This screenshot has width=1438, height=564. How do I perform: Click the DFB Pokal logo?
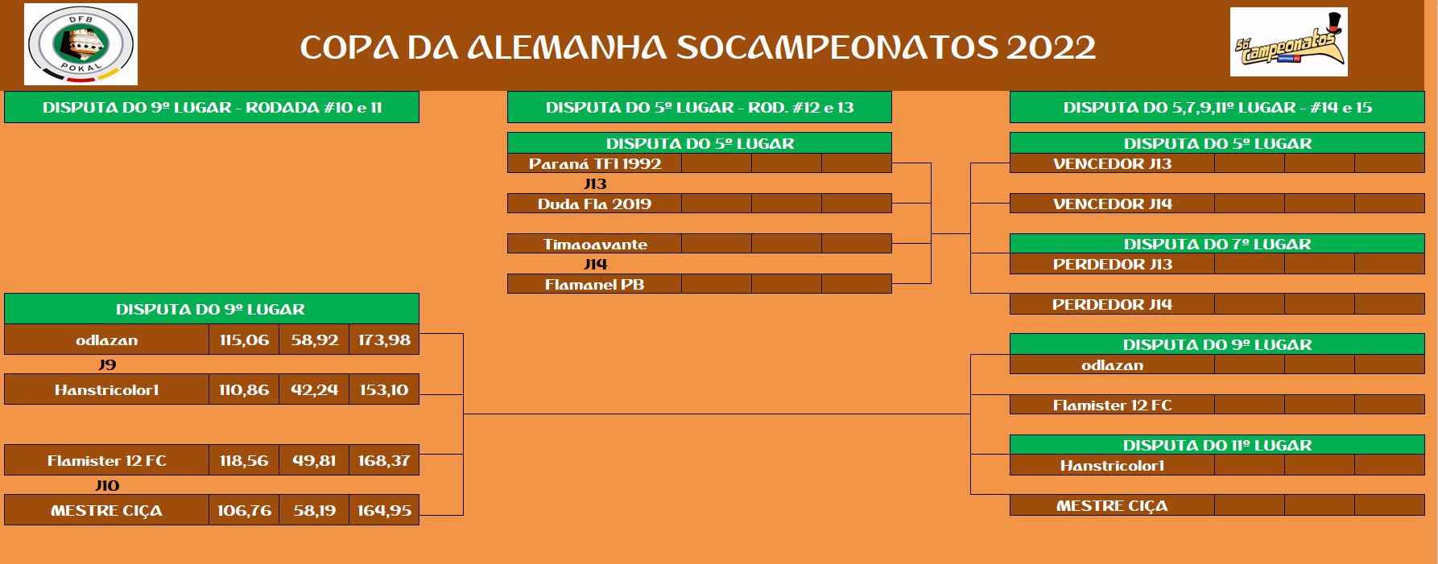[81, 44]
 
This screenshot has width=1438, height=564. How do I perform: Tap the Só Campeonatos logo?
[1288, 43]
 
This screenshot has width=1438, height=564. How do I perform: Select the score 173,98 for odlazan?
[384, 340]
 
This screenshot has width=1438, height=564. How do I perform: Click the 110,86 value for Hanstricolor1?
[244, 389]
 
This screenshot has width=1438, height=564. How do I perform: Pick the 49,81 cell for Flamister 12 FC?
[314, 460]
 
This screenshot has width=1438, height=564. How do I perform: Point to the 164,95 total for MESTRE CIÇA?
[384, 510]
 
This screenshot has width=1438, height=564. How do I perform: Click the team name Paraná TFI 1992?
[595, 163]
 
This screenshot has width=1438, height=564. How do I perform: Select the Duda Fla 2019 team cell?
[595, 204]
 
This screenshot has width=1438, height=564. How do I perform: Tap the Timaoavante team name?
[595, 244]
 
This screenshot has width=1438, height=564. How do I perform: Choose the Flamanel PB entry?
[595, 284]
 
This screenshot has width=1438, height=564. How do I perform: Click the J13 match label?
[595, 183]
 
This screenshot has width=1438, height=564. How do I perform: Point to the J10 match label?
[107, 485]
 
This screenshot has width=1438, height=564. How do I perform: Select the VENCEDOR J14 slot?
[1112, 204]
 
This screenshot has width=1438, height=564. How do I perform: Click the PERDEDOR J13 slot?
[1112, 264]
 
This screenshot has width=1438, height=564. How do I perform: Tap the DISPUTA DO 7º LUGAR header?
[1217, 244]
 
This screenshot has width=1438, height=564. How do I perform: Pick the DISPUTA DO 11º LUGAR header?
[1217, 445]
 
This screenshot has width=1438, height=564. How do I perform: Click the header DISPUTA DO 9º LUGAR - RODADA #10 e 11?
[212, 107]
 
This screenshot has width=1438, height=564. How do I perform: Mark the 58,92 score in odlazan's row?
[314, 340]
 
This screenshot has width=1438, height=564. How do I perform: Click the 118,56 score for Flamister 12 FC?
[244, 460]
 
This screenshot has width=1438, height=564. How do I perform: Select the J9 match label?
[107, 364]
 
